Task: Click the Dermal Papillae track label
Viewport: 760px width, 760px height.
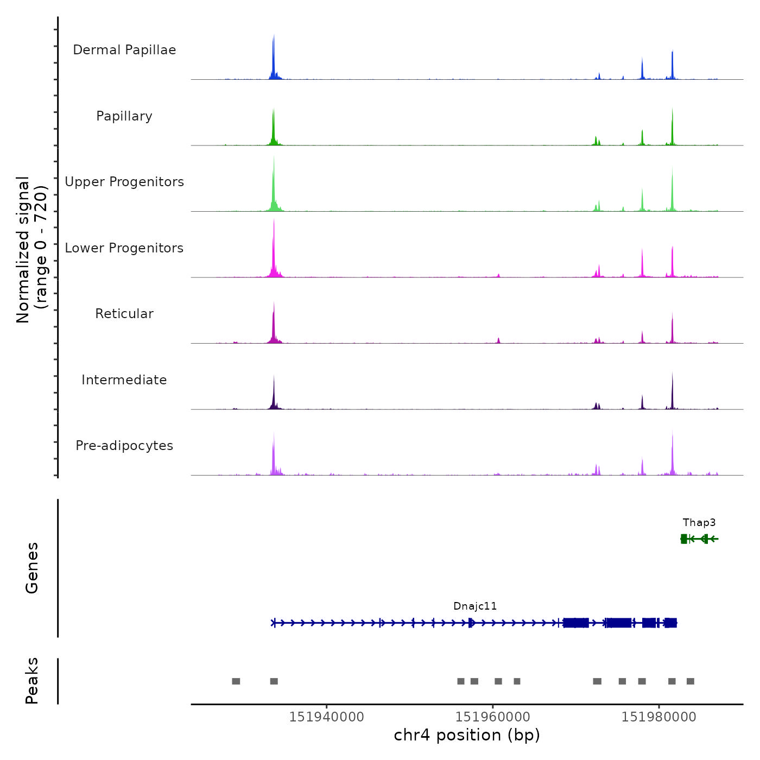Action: pyautogui.click(x=124, y=50)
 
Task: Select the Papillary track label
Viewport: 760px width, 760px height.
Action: pyautogui.click(x=124, y=116)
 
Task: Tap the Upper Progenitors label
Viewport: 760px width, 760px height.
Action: pyautogui.click(x=124, y=182)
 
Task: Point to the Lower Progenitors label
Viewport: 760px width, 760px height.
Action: pyautogui.click(x=124, y=248)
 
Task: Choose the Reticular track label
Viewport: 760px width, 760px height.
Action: pyautogui.click(x=124, y=314)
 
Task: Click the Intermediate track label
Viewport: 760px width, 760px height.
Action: pyautogui.click(x=124, y=380)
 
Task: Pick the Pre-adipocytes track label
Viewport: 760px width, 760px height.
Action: pyautogui.click(x=124, y=446)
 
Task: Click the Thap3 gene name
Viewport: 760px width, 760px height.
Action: pyautogui.click(x=699, y=523)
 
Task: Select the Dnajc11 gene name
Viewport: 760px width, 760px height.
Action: pyautogui.click(x=475, y=606)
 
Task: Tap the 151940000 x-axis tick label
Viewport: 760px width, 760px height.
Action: pyautogui.click(x=326, y=717)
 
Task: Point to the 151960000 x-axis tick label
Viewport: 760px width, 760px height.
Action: pyautogui.click(x=493, y=717)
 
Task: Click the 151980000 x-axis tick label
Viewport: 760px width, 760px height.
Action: pyautogui.click(x=659, y=717)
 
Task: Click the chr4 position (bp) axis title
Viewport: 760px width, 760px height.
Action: pyautogui.click(x=467, y=736)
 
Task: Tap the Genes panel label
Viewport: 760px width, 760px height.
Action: pyautogui.click(x=32, y=568)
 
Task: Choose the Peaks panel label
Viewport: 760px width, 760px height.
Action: pyautogui.click(x=32, y=681)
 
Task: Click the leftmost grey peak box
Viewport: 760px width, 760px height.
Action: pyautogui.click(x=236, y=681)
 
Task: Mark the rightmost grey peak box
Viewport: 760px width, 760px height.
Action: pyautogui.click(x=691, y=681)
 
